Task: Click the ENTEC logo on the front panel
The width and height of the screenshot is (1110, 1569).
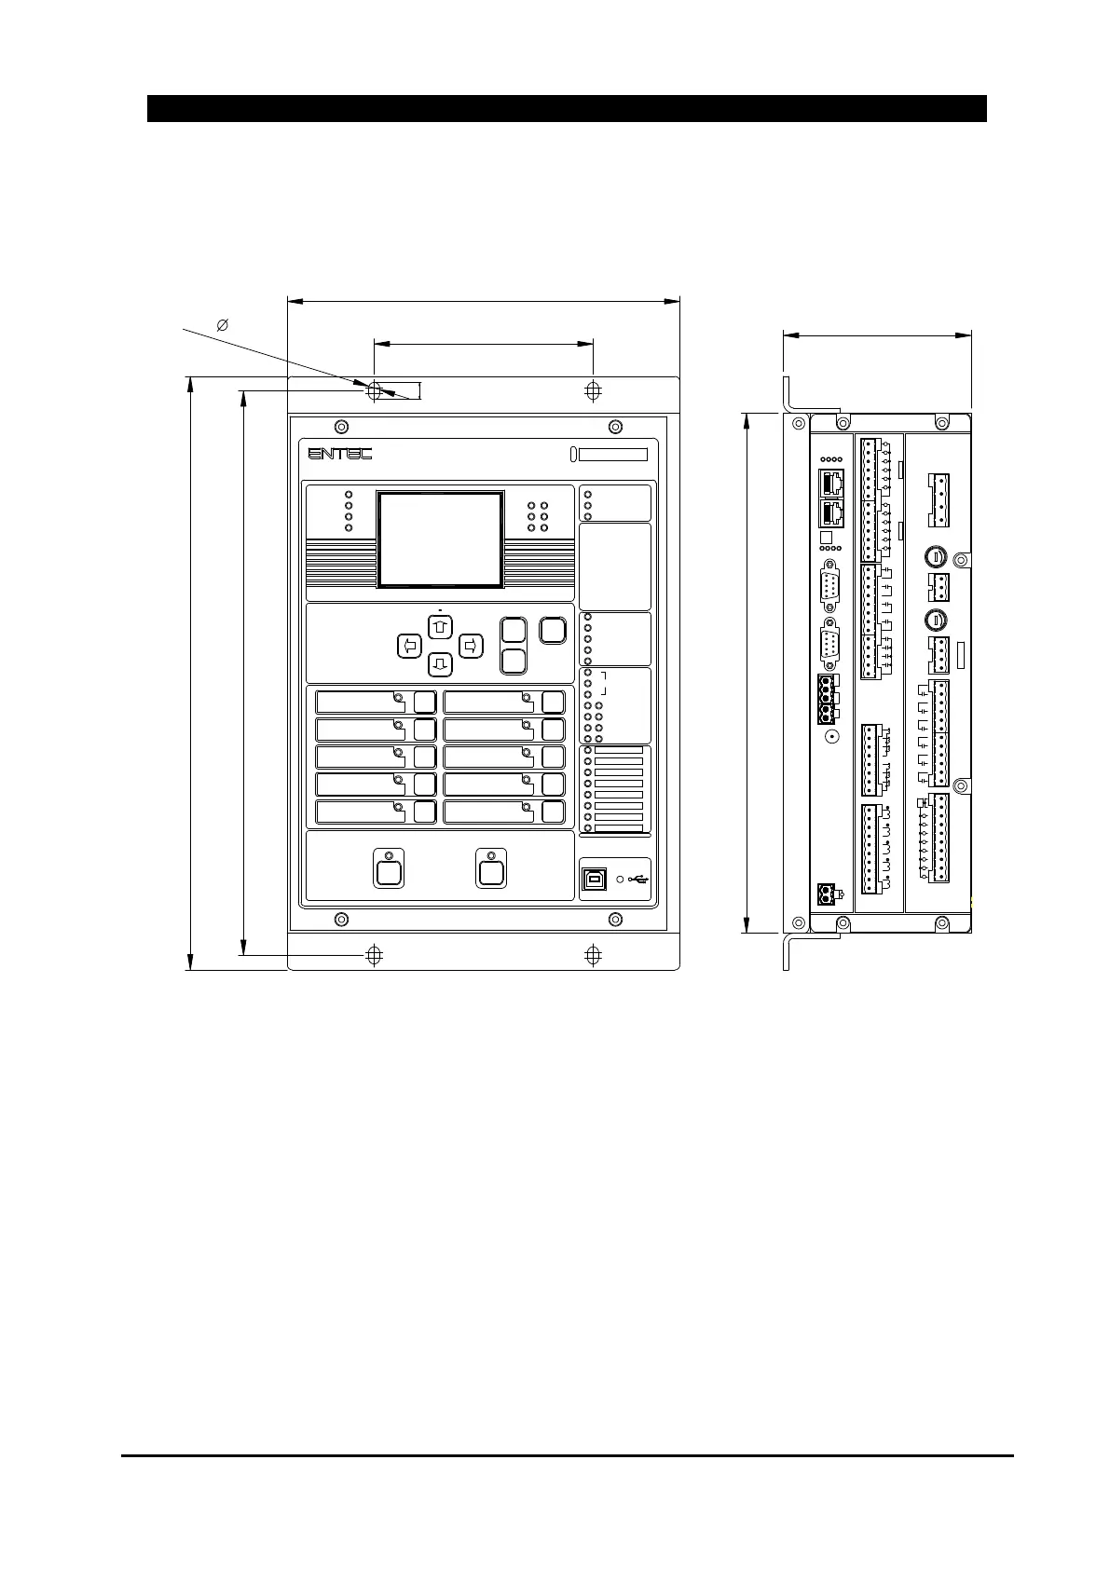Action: click(340, 453)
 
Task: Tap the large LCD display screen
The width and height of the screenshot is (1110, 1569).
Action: click(441, 539)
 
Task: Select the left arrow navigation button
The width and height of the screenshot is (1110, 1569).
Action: click(409, 645)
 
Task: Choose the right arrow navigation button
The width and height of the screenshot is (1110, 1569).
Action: click(472, 645)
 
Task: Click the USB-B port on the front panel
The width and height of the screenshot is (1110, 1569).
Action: click(594, 879)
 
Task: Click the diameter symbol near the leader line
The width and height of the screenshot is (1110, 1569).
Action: click(223, 325)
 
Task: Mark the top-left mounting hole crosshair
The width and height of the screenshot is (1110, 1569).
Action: click(374, 391)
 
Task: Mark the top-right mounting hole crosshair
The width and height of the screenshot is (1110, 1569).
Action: click(593, 391)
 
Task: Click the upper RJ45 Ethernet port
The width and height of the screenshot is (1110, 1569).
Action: click(830, 483)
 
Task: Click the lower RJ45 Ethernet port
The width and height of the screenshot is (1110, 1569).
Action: click(830, 513)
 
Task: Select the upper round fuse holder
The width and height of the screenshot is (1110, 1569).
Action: click(935, 557)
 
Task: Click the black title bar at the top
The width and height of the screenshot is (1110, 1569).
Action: click(567, 108)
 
